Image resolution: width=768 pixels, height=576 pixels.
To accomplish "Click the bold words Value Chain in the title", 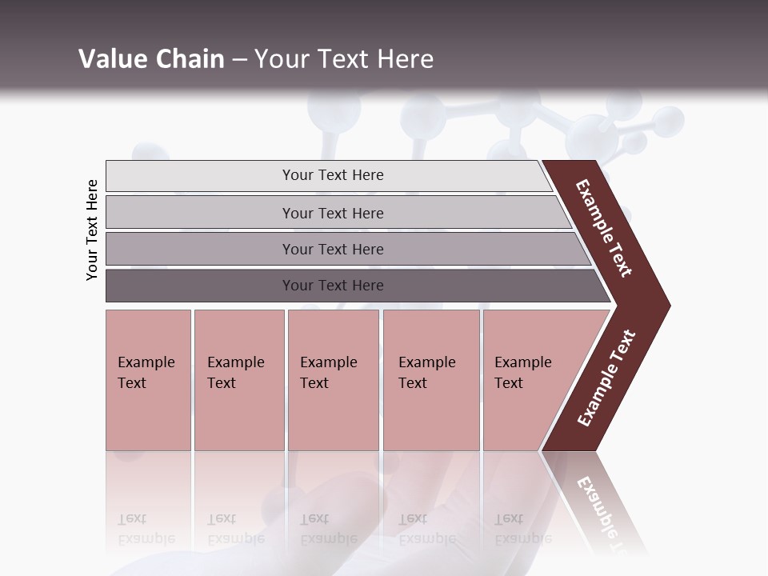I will (x=151, y=59).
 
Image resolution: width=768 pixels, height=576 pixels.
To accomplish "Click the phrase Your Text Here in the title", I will (x=344, y=59).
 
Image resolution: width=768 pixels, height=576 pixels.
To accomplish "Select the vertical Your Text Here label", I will (x=92, y=230).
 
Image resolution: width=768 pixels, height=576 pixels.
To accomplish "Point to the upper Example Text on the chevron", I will (x=604, y=228).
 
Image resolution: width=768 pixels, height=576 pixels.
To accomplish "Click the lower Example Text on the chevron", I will (x=606, y=378).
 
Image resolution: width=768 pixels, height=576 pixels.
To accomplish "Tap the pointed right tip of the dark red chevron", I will (x=664, y=306).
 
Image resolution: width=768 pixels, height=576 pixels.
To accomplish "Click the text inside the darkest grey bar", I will (x=333, y=286).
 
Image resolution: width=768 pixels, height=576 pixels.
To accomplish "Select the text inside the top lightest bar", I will (x=333, y=175).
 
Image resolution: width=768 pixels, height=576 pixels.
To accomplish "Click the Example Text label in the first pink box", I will (x=146, y=373).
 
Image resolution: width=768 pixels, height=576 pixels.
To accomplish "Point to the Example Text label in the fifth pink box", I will (x=522, y=373).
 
